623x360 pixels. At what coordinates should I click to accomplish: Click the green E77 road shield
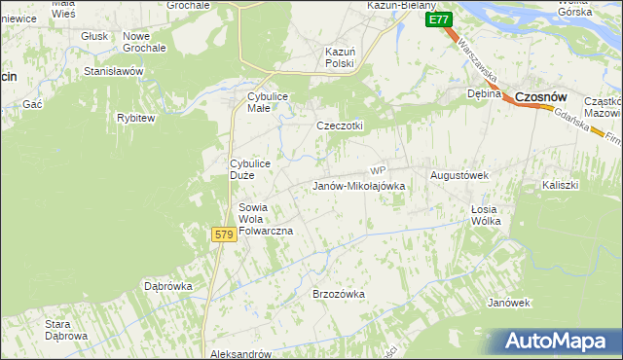[438, 19]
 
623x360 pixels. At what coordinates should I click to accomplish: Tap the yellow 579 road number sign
[223, 234]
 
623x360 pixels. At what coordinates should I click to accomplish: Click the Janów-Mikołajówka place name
[356, 186]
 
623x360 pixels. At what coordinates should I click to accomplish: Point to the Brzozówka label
[338, 293]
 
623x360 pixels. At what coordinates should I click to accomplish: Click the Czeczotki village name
[340, 126]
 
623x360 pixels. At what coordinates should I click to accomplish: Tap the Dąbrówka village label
[168, 287]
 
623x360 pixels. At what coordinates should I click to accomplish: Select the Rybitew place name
[135, 118]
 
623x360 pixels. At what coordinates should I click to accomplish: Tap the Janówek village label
[509, 303]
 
